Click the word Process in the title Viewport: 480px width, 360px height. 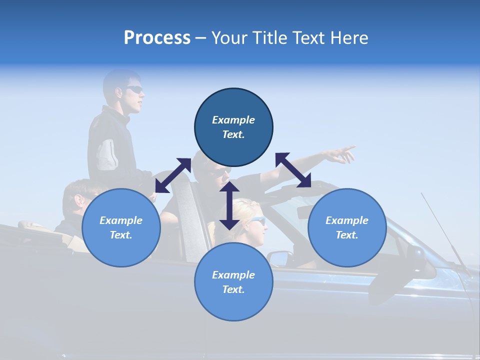click(x=157, y=38)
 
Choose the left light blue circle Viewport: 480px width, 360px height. click(x=121, y=227)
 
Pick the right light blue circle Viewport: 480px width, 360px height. click(x=347, y=227)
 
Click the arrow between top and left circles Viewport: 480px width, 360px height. click(x=173, y=175)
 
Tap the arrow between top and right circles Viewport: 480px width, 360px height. click(x=293, y=170)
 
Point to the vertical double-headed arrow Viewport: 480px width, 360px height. click(x=229, y=205)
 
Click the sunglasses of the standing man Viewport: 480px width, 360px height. click(x=134, y=89)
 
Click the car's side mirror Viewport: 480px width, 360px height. click(x=279, y=258)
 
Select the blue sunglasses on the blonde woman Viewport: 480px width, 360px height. click(x=257, y=220)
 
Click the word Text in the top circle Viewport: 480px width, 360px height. click(x=233, y=134)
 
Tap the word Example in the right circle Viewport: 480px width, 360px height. click(x=347, y=220)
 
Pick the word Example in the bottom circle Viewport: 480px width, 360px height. click(x=233, y=275)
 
